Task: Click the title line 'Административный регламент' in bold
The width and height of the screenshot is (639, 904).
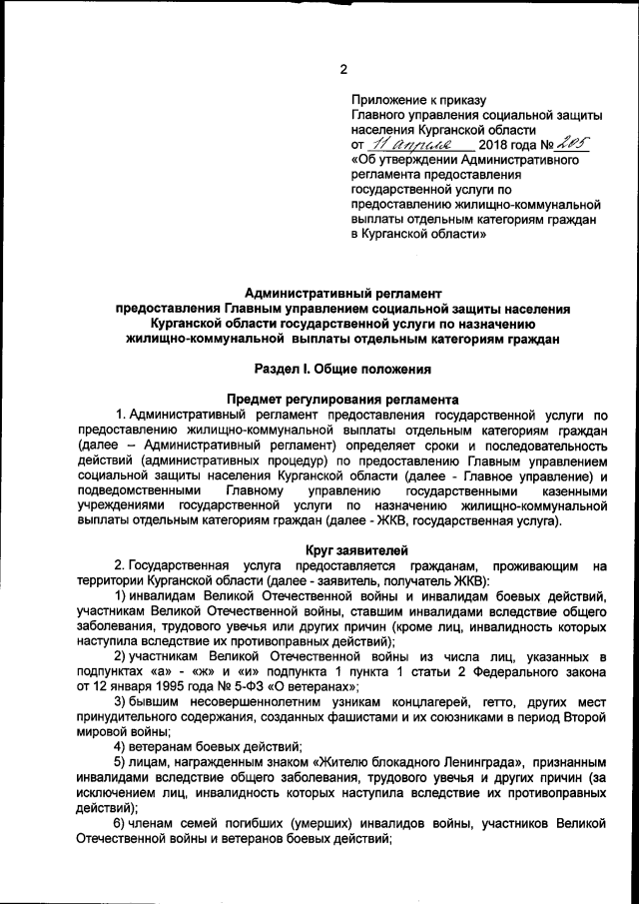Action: (x=342, y=294)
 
